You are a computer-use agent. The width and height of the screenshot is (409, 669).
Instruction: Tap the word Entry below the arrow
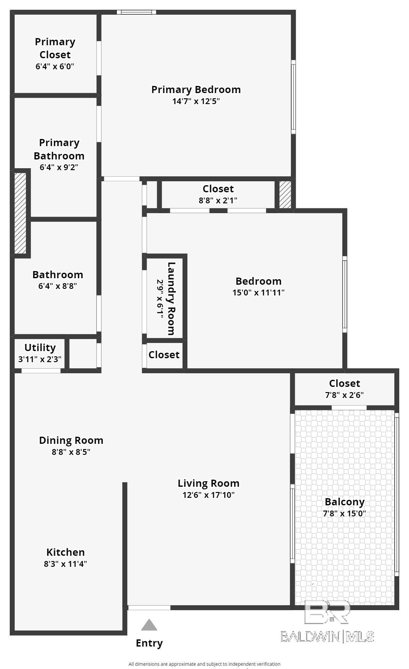(x=149, y=643)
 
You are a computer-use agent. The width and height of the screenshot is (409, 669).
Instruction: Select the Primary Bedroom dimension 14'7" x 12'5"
(x=196, y=101)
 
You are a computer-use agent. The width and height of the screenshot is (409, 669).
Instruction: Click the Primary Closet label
(x=55, y=48)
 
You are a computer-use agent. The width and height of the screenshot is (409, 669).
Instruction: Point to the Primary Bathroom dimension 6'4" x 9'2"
(x=59, y=167)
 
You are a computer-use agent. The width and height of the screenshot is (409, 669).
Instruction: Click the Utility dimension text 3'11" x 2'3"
(x=40, y=359)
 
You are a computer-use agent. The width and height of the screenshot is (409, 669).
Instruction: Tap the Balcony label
(x=345, y=502)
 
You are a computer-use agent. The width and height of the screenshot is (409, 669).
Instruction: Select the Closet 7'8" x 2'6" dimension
(x=344, y=395)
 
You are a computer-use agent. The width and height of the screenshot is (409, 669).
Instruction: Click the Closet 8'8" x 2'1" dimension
(x=218, y=200)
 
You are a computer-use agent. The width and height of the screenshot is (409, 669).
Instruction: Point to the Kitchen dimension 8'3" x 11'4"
(x=65, y=564)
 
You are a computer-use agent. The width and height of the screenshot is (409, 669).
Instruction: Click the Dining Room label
(x=71, y=440)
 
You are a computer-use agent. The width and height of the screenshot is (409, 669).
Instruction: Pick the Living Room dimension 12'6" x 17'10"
(x=209, y=495)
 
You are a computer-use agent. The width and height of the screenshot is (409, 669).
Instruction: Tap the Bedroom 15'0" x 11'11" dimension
(x=258, y=292)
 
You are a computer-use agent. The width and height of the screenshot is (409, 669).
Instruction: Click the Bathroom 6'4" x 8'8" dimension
(x=58, y=286)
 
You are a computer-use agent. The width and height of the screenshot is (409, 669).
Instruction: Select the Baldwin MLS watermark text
(x=327, y=636)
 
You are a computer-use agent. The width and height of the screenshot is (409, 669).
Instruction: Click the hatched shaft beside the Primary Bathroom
(x=20, y=213)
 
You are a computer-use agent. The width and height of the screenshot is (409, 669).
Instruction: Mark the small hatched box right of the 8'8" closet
(x=285, y=195)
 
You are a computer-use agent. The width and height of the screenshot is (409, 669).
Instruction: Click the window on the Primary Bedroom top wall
(x=136, y=12)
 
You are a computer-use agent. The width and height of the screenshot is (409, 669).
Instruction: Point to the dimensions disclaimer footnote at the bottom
(x=204, y=664)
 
